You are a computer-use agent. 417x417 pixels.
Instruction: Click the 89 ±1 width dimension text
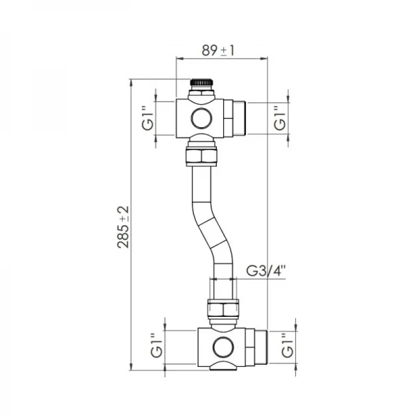coord(218,50)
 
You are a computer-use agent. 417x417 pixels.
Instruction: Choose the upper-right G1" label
coord(279,117)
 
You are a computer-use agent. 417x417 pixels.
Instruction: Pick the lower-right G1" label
coord(287,345)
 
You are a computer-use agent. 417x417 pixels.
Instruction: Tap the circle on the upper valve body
coord(202,117)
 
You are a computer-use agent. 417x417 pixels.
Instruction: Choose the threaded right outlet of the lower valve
coord(259,345)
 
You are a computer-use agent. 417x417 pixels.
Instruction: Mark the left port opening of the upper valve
coord(179,117)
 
